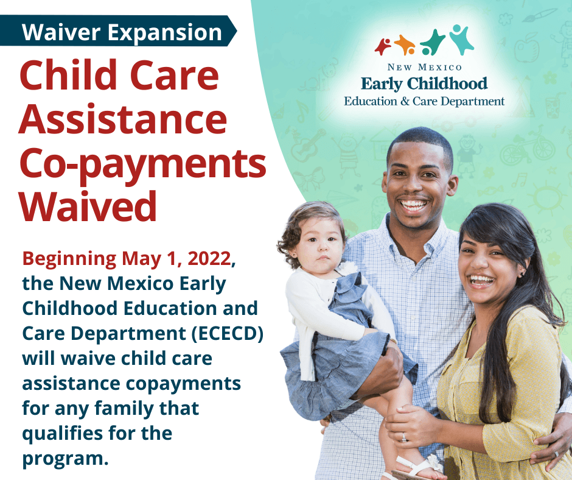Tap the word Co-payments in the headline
coord(142,164)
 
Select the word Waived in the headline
coord(88,207)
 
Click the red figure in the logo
coord(383,46)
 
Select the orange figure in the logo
coord(405,44)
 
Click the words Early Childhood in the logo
coord(424,83)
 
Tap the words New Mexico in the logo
coord(424,66)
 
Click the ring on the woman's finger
coord(403,437)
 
